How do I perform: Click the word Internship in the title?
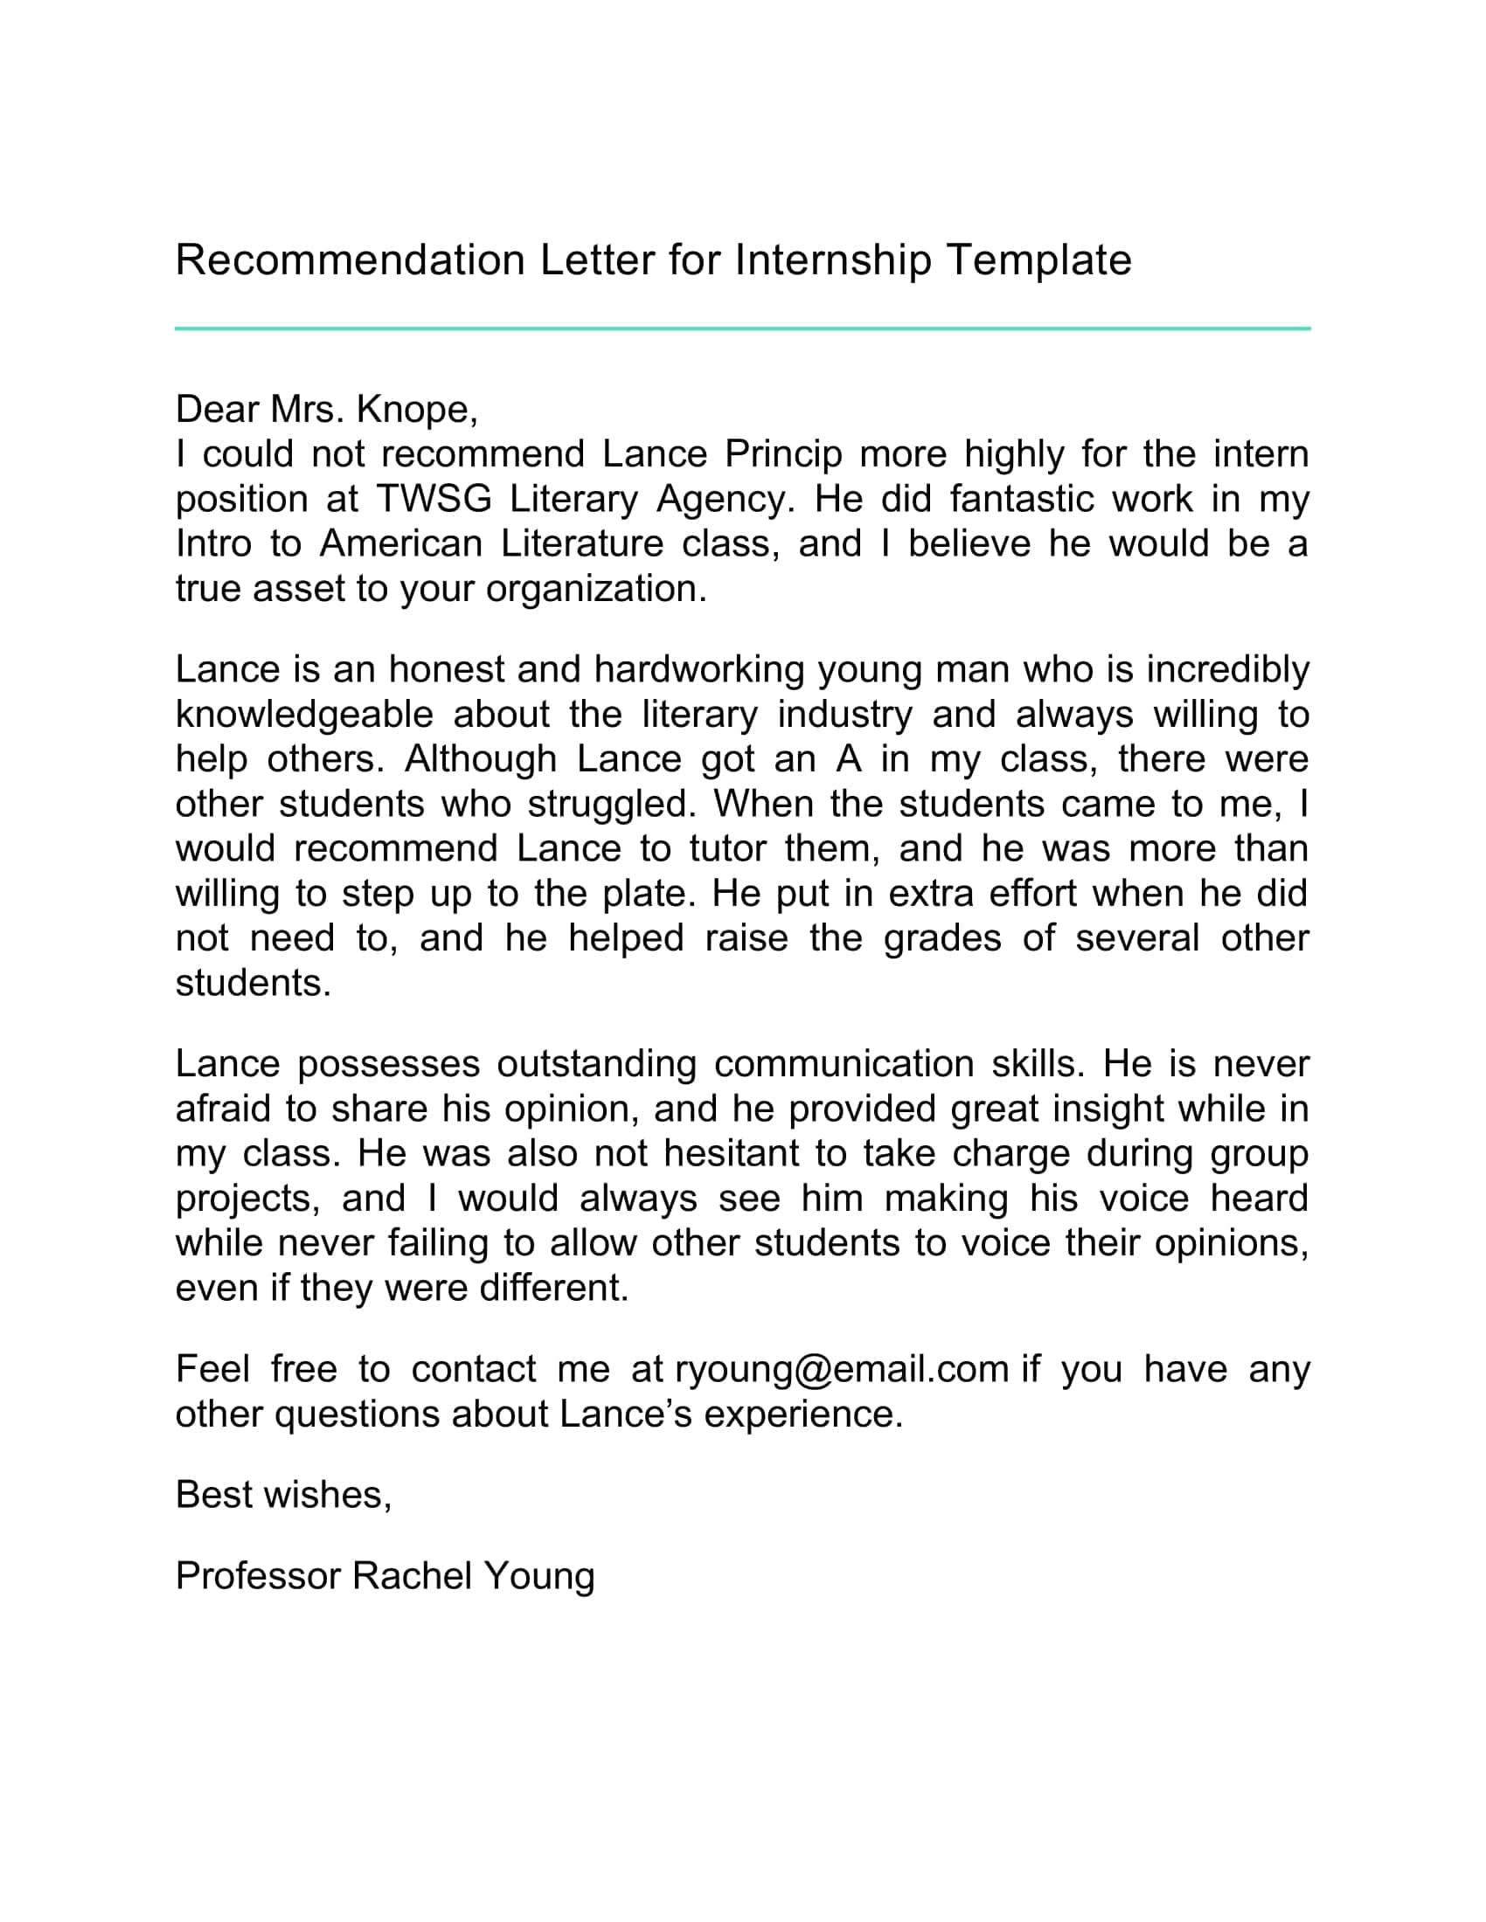[x=832, y=260]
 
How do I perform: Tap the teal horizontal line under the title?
[x=742, y=328]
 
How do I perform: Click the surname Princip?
[x=782, y=455]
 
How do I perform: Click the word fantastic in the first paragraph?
[x=1020, y=500]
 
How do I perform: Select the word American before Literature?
[x=400, y=545]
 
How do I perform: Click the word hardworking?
[x=699, y=671]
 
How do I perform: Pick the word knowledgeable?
[x=303, y=716]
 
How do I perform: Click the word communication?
[x=844, y=1065]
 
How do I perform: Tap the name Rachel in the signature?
[x=412, y=1576]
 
